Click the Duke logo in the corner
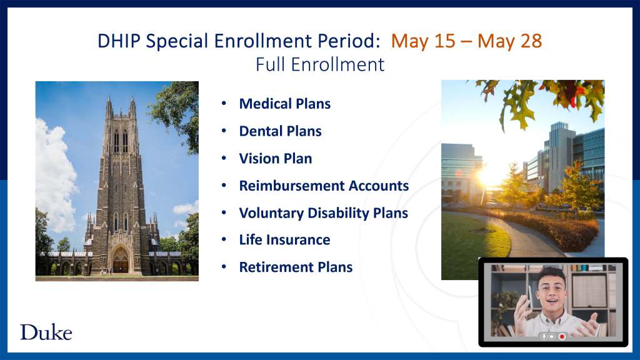coord(46,332)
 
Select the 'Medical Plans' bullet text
coord(285,104)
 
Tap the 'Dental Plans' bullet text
coord(281,131)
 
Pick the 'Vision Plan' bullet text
coord(276,158)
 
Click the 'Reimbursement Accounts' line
coord(324,186)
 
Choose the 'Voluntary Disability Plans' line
coord(324,213)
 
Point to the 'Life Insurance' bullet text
coord(284,239)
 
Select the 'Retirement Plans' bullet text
coord(296,267)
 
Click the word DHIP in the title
coord(119,41)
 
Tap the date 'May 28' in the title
coord(510,41)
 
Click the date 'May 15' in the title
coord(423,41)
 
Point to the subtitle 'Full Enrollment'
coord(320,64)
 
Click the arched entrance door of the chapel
coord(121,261)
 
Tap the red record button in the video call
coord(562,336)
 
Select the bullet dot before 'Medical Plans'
coord(224,103)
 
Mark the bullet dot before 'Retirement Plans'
coord(224,266)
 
